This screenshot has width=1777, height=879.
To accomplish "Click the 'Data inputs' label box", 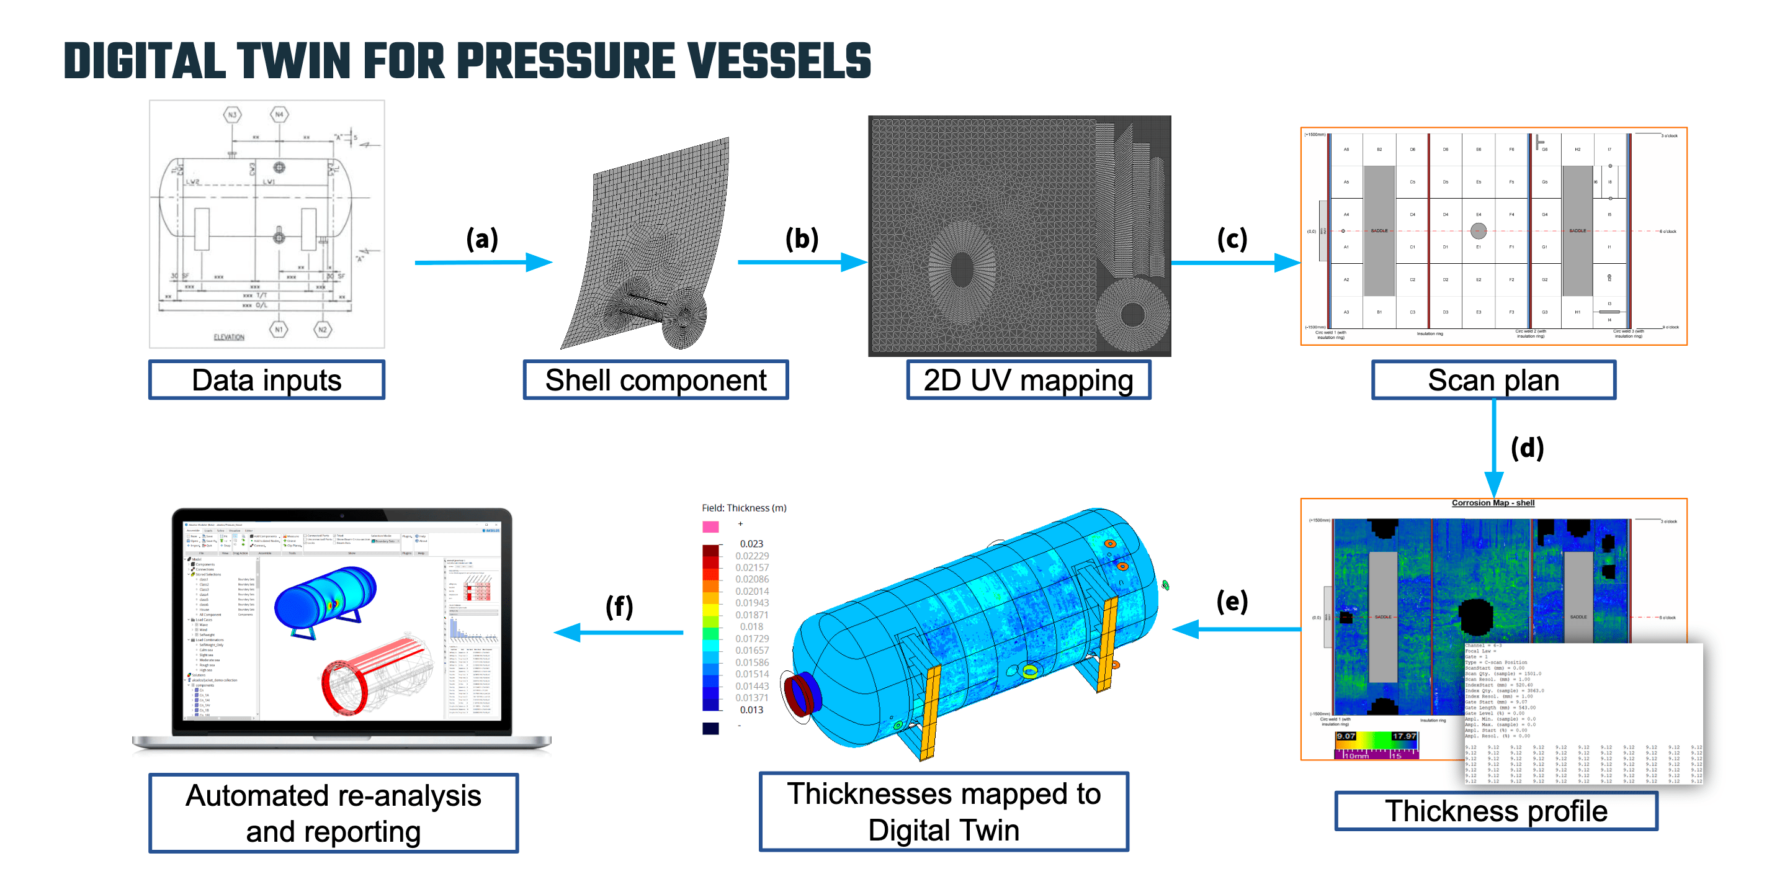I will [x=266, y=380].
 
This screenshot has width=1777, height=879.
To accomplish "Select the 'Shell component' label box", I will [x=655, y=380].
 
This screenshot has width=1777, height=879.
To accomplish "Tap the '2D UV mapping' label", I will [x=1028, y=380].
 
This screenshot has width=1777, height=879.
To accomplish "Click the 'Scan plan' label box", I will [x=1493, y=380].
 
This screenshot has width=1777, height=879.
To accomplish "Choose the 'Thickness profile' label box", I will [x=1495, y=811].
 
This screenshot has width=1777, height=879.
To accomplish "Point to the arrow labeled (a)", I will [x=483, y=262].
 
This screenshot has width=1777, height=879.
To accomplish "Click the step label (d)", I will [x=1526, y=448].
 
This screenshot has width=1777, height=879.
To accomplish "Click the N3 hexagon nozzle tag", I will [x=233, y=115].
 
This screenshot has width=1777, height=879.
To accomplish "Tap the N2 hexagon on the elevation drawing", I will [x=322, y=330].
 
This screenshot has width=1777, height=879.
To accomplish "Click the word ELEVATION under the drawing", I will [x=229, y=338].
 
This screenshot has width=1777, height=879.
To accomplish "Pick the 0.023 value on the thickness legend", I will [x=751, y=544].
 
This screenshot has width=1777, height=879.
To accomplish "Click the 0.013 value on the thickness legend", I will [x=751, y=710].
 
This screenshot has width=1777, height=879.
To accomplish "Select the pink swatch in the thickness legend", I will [x=710, y=526].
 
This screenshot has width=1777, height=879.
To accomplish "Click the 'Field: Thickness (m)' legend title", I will [x=744, y=508].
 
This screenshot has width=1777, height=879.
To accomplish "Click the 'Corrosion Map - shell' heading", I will [x=1493, y=502].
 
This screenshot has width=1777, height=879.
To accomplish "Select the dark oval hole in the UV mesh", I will [x=961, y=269].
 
